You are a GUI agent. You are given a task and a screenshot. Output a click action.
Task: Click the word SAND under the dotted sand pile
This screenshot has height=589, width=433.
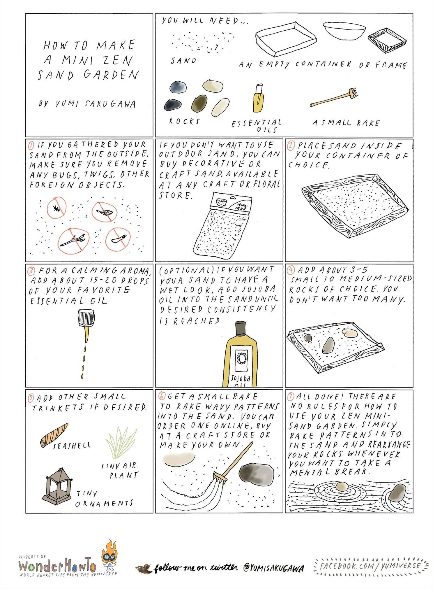click(183, 61)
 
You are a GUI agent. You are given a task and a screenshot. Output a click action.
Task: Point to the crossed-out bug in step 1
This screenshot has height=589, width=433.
click(56, 208)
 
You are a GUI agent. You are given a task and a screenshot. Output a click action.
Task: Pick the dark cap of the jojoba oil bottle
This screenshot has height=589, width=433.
click(240, 329)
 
